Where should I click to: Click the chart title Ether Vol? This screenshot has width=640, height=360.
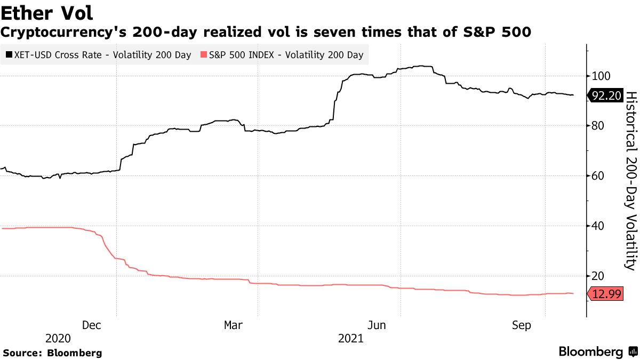click(x=47, y=12)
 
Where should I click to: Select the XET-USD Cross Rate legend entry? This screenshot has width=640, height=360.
click(x=98, y=55)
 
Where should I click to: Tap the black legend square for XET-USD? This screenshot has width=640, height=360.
click(x=9, y=55)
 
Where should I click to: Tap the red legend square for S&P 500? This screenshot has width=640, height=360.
click(x=203, y=55)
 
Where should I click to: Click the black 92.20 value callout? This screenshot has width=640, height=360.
click(x=606, y=96)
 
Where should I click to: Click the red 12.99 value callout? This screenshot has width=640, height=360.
click(x=606, y=294)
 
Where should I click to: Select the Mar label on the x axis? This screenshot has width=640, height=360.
click(x=233, y=325)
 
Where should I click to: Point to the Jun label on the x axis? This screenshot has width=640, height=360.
click(x=377, y=325)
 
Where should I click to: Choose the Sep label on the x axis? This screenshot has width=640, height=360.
click(x=521, y=325)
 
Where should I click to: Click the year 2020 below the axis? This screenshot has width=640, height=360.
click(x=58, y=339)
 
